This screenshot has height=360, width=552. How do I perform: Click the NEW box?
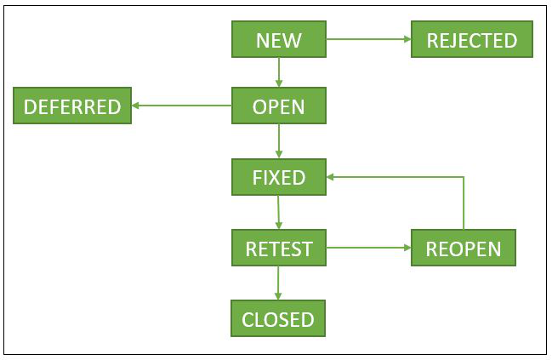[279, 39]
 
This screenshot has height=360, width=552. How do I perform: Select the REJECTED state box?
[471, 39]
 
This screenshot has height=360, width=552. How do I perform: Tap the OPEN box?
[279, 106]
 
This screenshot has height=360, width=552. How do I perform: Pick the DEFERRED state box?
[72, 106]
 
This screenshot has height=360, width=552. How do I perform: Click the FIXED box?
[279, 177]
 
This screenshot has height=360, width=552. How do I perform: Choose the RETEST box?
[279, 249]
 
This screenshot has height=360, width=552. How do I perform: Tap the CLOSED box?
[279, 319]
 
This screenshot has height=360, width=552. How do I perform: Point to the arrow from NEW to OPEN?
[279, 72]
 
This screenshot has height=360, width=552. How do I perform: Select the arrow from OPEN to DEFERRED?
[182, 106]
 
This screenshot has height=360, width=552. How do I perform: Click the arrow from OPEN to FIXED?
[279, 141]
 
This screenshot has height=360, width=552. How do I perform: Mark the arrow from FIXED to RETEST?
[279, 213]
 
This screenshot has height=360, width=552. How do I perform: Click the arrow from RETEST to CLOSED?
[279, 283]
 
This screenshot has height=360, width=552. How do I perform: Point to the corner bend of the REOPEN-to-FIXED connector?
[464, 177]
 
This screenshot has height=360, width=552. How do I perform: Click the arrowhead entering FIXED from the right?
[333, 177]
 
